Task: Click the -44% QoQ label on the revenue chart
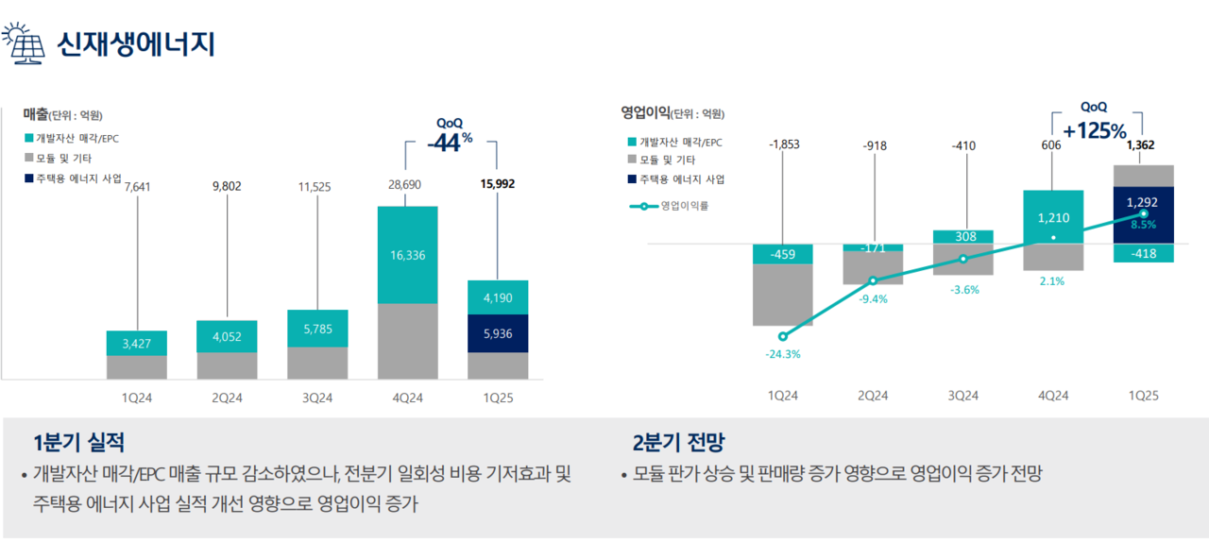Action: pos(449,142)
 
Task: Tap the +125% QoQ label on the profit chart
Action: pos(1095,130)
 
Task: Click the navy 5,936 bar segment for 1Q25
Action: pos(498,333)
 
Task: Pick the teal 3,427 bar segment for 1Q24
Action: pos(137,343)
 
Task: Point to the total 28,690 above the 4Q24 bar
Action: pos(404,186)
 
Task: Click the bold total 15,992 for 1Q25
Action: pos(497,185)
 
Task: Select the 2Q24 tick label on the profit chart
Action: pos(873,396)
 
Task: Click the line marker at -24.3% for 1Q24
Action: pos(782,335)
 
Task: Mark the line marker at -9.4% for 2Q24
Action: pos(873,280)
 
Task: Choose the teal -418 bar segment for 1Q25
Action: pos(1144,253)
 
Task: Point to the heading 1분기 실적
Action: pos(78,442)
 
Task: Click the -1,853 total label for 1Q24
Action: pos(783,144)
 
